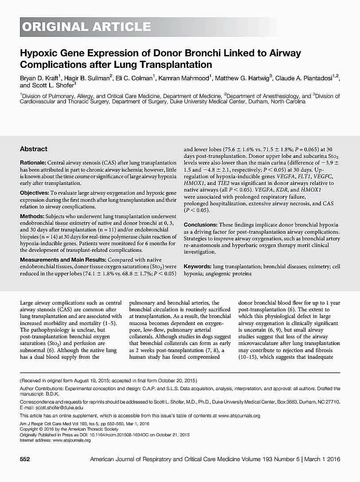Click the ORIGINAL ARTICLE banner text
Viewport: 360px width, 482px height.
tap(87, 27)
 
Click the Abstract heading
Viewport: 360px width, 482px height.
tap(34, 149)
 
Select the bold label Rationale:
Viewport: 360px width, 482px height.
tap(33, 163)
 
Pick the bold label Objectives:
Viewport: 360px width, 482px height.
tap(35, 193)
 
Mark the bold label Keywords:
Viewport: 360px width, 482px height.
tap(197, 266)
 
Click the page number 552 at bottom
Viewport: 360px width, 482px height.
tap(25, 459)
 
